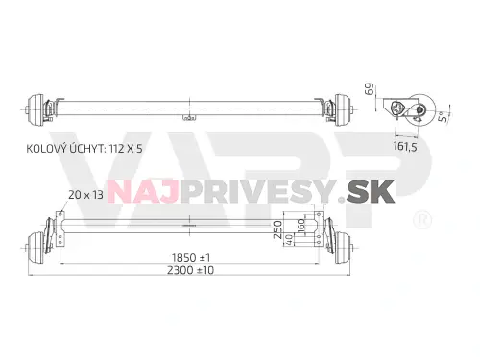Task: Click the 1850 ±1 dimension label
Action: pos(191,257)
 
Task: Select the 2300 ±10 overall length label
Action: pos(191,270)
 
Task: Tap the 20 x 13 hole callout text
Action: pos(85,195)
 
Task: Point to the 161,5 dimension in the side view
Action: pos(405,147)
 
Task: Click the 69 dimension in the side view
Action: pos(369,89)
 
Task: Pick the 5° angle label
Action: pos(443,117)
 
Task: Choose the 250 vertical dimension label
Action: pos(278,229)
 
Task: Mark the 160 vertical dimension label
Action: pos(301,226)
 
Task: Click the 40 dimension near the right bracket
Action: pos(289,240)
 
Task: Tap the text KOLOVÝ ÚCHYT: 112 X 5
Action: pos(84,149)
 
